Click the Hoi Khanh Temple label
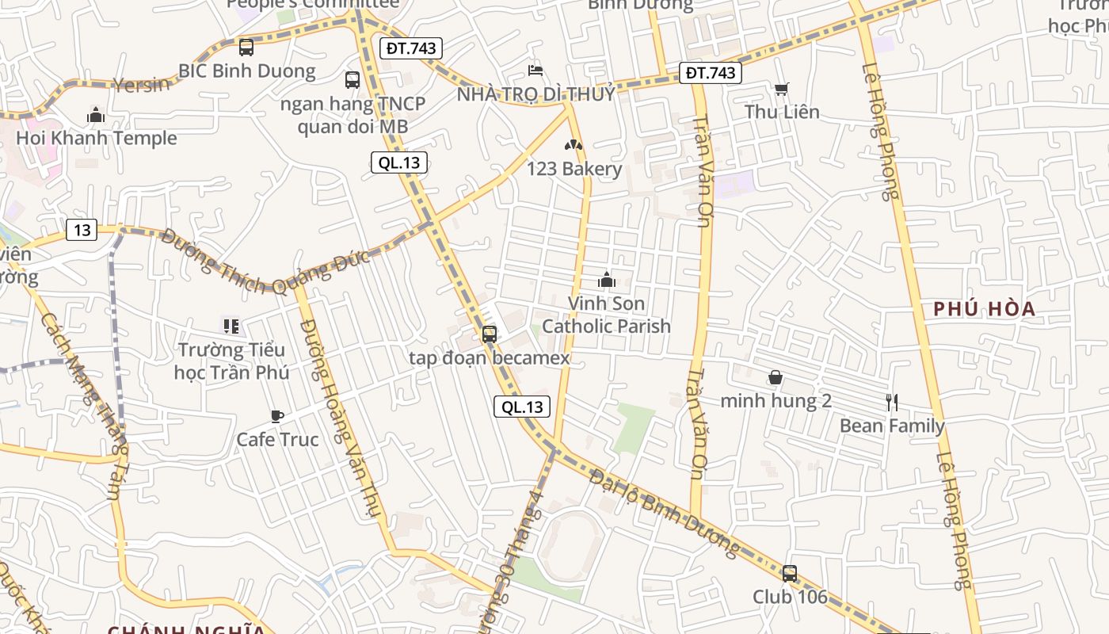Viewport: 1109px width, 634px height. point(97,138)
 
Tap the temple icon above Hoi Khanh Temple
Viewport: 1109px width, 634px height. point(96,116)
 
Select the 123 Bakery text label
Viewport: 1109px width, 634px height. point(574,169)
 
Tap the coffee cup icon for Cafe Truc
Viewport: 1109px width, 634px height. point(276,416)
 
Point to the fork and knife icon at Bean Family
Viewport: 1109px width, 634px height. point(892,403)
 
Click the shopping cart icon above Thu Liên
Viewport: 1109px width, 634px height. point(781,90)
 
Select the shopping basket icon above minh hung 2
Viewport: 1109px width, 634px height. point(775,378)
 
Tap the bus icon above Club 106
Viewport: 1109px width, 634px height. point(789,573)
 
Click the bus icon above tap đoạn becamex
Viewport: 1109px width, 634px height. point(489,334)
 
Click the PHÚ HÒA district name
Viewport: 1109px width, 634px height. point(985,309)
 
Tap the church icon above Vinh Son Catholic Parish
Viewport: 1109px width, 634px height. point(607,280)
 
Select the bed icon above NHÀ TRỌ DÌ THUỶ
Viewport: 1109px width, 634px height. point(535,71)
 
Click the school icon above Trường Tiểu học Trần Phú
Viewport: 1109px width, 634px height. point(231,326)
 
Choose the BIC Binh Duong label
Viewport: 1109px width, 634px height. point(246,71)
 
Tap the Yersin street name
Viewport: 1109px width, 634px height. point(142,83)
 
